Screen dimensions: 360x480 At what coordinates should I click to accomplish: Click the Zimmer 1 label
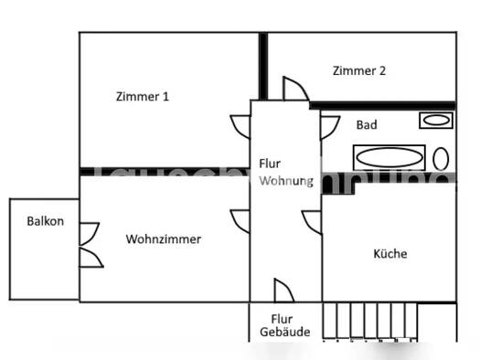coord(142,96)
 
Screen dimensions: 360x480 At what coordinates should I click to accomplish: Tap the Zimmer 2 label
coord(359,70)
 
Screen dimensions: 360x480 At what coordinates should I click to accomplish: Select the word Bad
coord(367,125)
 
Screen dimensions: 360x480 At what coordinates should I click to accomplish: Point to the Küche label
coord(390,254)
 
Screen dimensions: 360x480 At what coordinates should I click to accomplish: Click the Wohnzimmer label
coord(164,239)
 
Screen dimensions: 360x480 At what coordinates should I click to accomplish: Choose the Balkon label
coord(45,221)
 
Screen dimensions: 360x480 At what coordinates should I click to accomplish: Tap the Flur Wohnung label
coord(285,172)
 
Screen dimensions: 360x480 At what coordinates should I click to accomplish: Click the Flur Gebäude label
coord(284,325)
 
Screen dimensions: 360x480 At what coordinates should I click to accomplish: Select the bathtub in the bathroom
coord(389,157)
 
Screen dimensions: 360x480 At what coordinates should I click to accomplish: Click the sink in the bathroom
coord(435,120)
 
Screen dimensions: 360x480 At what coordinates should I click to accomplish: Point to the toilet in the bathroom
coord(442,159)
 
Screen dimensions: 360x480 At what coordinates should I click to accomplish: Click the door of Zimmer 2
coord(296,90)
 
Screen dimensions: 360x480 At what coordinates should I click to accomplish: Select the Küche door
coord(312,220)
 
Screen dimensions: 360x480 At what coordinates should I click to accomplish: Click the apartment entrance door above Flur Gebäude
coord(283,291)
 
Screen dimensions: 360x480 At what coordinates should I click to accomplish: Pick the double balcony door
coord(91,245)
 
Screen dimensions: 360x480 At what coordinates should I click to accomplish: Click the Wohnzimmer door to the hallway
coord(240,221)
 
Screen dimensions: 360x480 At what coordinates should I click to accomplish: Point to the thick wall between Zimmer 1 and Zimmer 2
coord(262,66)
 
